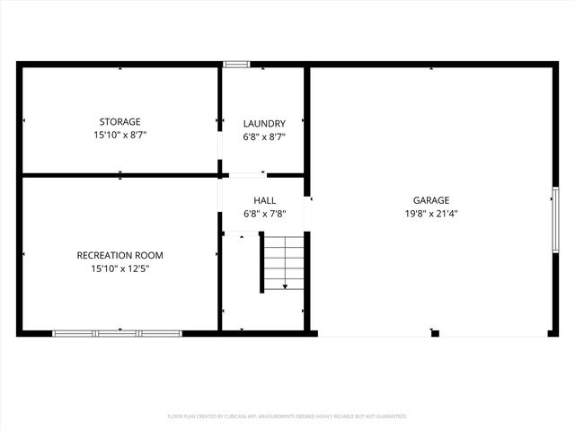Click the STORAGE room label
pyautogui.click(x=119, y=122)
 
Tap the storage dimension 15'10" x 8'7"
pyautogui.click(x=119, y=136)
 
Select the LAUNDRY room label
pyautogui.click(x=264, y=124)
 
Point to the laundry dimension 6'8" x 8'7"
pyautogui.click(x=264, y=137)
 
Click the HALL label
pyautogui.click(x=264, y=200)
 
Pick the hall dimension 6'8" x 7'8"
pyautogui.click(x=264, y=215)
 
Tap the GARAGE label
pyautogui.click(x=431, y=200)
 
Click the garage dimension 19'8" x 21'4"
pyautogui.click(x=431, y=215)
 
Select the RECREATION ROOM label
pyautogui.click(x=119, y=255)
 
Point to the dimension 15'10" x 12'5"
pyautogui.click(x=119, y=269)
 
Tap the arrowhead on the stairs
pyautogui.click(x=285, y=286)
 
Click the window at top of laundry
pyautogui.click(x=236, y=64)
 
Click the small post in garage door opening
pyautogui.click(x=435, y=334)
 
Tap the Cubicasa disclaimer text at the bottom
pyautogui.click(x=287, y=417)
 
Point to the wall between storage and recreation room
pyautogui.click(x=119, y=175)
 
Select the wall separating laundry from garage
pyautogui.click(x=306, y=126)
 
